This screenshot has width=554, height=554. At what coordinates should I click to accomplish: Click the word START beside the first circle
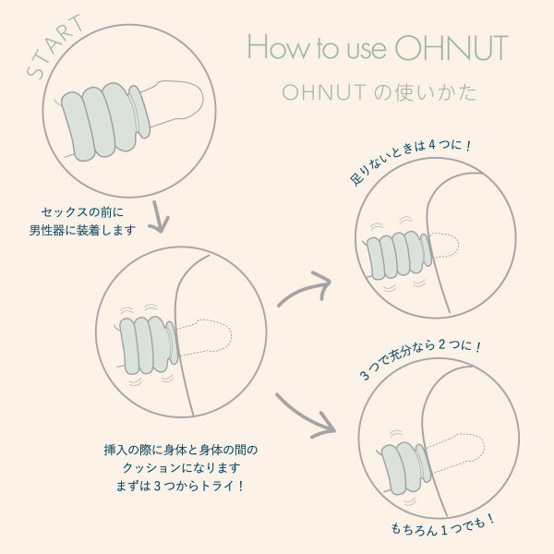pyautogui.click(x=54, y=46)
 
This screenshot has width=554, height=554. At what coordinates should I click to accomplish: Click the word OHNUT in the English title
pyautogui.click(x=452, y=48)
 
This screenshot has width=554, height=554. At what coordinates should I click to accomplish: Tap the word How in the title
pyautogui.click(x=278, y=47)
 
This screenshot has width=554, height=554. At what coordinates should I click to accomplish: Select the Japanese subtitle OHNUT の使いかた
pyautogui.click(x=379, y=92)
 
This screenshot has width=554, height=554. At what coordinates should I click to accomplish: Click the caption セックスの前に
pyautogui.click(x=83, y=212)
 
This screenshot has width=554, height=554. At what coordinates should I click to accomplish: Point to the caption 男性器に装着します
pyautogui.click(x=83, y=230)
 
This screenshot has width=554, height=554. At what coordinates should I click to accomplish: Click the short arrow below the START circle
pyautogui.click(x=159, y=217)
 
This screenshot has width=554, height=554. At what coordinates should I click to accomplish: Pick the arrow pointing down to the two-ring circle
pyautogui.click(x=306, y=416)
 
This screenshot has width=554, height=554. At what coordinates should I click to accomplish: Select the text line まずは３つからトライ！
pyautogui.click(x=180, y=487)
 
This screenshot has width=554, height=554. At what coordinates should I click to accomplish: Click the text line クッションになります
pyautogui.click(x=181, y=468)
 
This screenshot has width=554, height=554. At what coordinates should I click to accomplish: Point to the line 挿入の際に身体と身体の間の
pyautogui.click(x=181, y=450)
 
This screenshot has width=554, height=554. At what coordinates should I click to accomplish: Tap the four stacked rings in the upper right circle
pyautogui.click(x=399, y=255)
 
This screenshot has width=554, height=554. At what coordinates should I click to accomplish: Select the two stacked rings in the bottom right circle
pyautogui.click(x=406, y=467)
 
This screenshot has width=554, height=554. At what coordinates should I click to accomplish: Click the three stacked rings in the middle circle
pyautogui.click(x=149, y=344)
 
